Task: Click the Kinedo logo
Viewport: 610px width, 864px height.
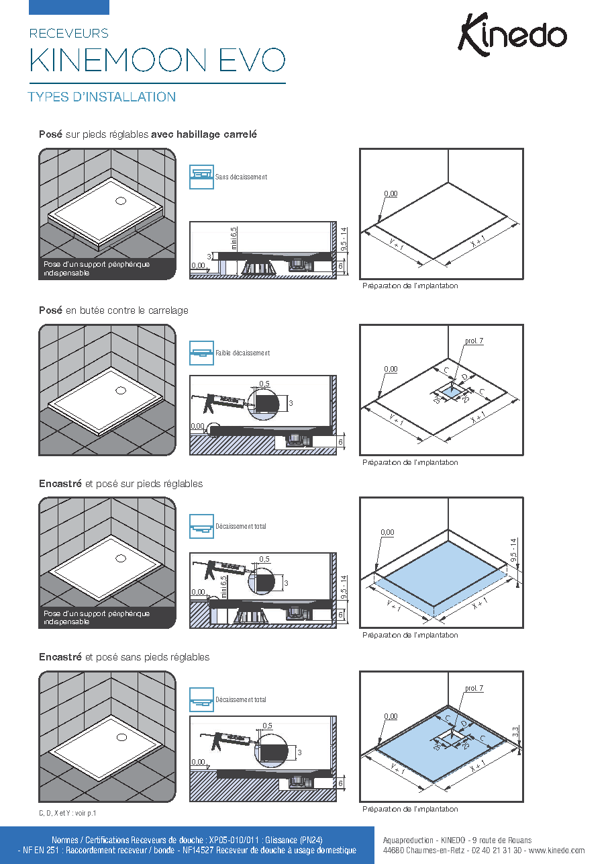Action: pyautogui.click(x=512, y=35)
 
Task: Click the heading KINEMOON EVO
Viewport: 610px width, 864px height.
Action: pyautogui.click(x=157, y=60)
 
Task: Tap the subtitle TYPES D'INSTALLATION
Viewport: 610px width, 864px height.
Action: pyautogui.click(x=102, y=97)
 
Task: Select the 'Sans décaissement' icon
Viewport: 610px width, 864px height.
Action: pyautogui.click(x=201, y=177)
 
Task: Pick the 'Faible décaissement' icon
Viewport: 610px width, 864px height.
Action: pyautogui.click(x=201, y=353)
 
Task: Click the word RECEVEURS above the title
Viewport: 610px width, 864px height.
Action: pyautogui.click(x=69, y=34)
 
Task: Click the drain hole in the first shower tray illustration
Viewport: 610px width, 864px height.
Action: pyautogui.click(x=121, y=201)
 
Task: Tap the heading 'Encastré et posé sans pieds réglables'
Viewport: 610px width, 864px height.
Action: pyautogui.click(x=124, y=657)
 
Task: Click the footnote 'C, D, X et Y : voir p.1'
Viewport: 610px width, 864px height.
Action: pyautogui.click(x=67, y=813)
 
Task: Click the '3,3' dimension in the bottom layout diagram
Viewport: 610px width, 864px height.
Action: pyautogui.click(x=515, y=732)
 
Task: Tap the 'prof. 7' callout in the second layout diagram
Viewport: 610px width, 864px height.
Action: pyautogui.click(x=474, y=341)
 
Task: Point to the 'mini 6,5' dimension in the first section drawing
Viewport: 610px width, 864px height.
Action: pyautogui.click(x=234, y=238)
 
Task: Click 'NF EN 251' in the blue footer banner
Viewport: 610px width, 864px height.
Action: pyautogui.click(x=40, y=850)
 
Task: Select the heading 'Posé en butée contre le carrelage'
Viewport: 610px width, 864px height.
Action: pyautogui.click(x=113, y=310)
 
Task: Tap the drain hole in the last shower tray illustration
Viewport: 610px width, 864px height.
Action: pyautogui.click(x=121, y=738)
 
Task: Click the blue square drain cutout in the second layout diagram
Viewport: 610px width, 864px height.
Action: pyautogui.click(x=451, y=392)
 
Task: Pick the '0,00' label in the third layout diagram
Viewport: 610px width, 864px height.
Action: pyautogui.click(x=387, y=532)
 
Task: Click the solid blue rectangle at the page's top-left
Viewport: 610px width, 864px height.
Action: pyautogui.click(x=69, y=7)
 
